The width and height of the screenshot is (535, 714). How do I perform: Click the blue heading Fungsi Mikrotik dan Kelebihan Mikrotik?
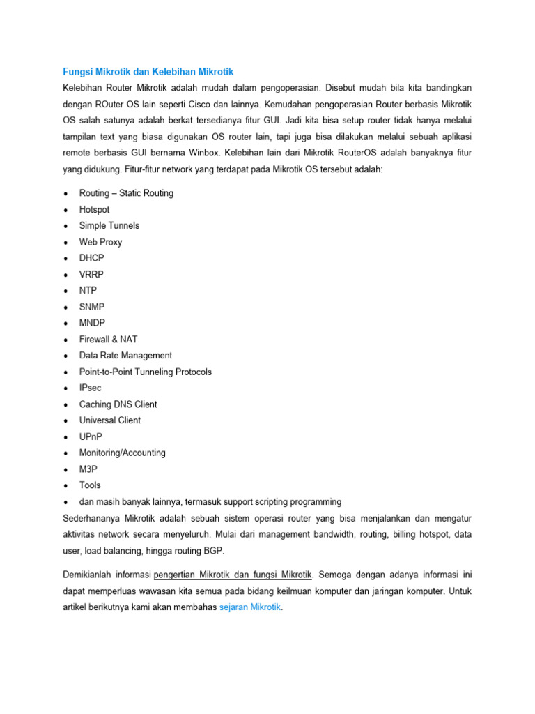[148, 71]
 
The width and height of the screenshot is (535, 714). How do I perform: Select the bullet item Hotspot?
[94, 209]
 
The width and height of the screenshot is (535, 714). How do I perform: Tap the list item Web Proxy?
[100, 242]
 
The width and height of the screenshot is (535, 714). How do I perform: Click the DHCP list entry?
[91, 258]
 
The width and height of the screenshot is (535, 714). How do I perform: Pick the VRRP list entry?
[91, 274]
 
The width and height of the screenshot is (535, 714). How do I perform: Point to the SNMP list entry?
[92, 307]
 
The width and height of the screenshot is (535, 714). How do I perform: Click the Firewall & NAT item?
[108, 339]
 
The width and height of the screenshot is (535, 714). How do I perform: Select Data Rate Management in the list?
[125, 355]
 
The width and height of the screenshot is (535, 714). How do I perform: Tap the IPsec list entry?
[91, 388]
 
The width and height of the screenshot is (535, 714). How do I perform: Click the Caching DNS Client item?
[118, 404]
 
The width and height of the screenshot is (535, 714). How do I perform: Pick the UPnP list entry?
[91, 436]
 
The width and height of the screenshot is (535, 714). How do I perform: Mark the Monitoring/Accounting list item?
[122, 453]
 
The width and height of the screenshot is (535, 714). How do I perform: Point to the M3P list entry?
[88, 469]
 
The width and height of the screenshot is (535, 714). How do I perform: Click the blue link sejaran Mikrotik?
[250, 607]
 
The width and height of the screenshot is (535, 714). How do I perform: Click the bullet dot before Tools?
[65, 485]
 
